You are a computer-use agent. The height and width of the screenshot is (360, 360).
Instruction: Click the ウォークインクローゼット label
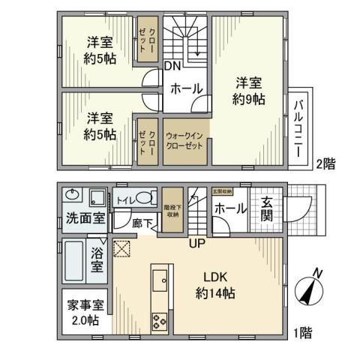[184, 140]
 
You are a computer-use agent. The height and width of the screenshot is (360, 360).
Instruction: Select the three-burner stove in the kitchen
[160, 321]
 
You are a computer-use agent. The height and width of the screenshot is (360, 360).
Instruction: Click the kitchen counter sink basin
[160, 283]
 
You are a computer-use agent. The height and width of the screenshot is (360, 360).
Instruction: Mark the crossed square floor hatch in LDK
[121, 249]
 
